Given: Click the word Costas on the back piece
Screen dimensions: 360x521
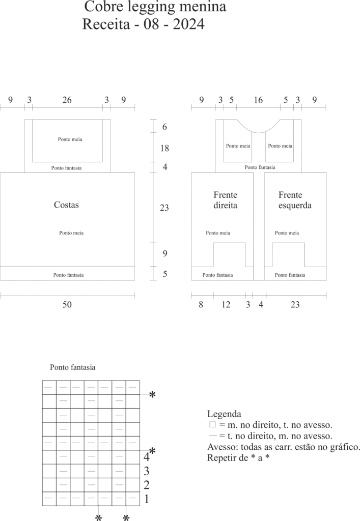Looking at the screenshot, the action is tap(66, 205).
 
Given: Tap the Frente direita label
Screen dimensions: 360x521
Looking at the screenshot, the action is tap(226, 200).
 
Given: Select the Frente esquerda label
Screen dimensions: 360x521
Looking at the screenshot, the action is tap(295, 200).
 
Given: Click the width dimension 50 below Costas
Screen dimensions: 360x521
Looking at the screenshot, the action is tap(67, 305).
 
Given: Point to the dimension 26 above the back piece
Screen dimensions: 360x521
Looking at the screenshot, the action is tap(67, 100).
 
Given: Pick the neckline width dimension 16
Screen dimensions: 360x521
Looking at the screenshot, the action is tap(258, 100).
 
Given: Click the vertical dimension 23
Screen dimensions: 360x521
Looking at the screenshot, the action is tap(164, 208).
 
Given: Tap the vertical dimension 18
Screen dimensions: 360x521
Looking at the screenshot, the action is tap(164, 148).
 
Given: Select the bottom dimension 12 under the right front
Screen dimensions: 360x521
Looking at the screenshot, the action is tap(226, 305).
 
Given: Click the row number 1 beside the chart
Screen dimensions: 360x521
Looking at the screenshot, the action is tap(147, 499).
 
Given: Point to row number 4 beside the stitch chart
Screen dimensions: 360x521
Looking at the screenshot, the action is tap(146, 457).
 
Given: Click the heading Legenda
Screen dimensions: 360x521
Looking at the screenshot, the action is tap(224, 414).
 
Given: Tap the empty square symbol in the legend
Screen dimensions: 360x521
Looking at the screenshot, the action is tap(212, 424).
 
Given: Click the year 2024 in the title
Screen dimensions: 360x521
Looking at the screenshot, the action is tap(188, 24).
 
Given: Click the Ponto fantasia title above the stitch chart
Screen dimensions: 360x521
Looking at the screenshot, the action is tap(72, 367).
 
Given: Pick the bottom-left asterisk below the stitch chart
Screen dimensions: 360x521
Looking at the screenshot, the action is tap(98, 517).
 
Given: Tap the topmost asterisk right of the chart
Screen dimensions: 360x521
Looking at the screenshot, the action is tap(152, 395).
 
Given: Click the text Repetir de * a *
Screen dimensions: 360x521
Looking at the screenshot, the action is tap(238, 458).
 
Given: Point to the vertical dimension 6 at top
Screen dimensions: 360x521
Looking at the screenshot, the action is tap(164, 127).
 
